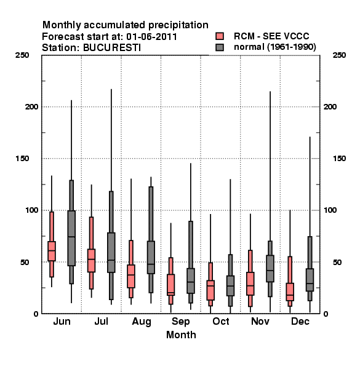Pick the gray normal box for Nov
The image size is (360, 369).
tap(270, 268)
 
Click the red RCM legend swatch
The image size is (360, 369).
tap(220, 36)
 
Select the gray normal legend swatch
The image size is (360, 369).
tap(220, 47)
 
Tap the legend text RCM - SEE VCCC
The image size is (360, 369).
tap(271, 36)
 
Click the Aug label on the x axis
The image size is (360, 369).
tap(142, 322)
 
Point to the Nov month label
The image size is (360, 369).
tap(260, 321)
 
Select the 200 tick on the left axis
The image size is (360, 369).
tap(31, 106)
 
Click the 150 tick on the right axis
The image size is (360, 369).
tap(339, 159)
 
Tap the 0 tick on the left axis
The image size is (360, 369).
tap(36, 314)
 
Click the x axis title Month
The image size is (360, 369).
tap(181, 335)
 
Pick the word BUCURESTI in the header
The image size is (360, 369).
tap(112, 48)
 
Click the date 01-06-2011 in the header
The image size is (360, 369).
tap(151, 37)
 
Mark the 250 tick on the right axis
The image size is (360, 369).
tap(339, 55)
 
